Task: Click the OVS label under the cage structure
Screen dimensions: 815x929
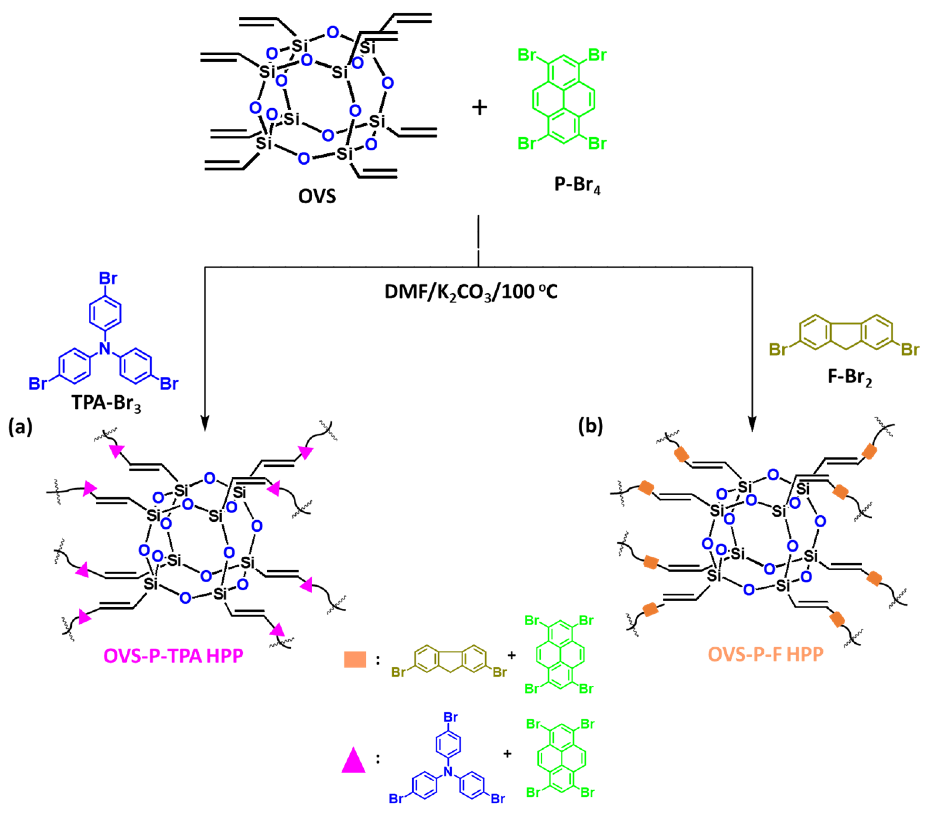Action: point(317,196)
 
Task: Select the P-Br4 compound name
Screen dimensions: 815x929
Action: point(577,185)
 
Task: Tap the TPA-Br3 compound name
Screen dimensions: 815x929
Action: point(106,403)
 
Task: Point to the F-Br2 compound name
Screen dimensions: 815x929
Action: point(849,377)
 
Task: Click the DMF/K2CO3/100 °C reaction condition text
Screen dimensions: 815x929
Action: point(471,292)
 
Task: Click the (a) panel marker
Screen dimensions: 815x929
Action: point(20,427)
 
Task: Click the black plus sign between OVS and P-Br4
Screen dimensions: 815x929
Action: point(479,108)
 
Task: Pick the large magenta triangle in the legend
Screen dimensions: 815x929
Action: point(354,761)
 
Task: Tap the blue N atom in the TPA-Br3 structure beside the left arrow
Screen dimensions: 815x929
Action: point(105,348)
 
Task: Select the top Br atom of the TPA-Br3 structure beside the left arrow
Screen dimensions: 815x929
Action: point(108,278)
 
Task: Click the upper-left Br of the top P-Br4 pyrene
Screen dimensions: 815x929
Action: point(527,55)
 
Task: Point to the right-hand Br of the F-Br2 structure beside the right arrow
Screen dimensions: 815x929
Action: point(910,350)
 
